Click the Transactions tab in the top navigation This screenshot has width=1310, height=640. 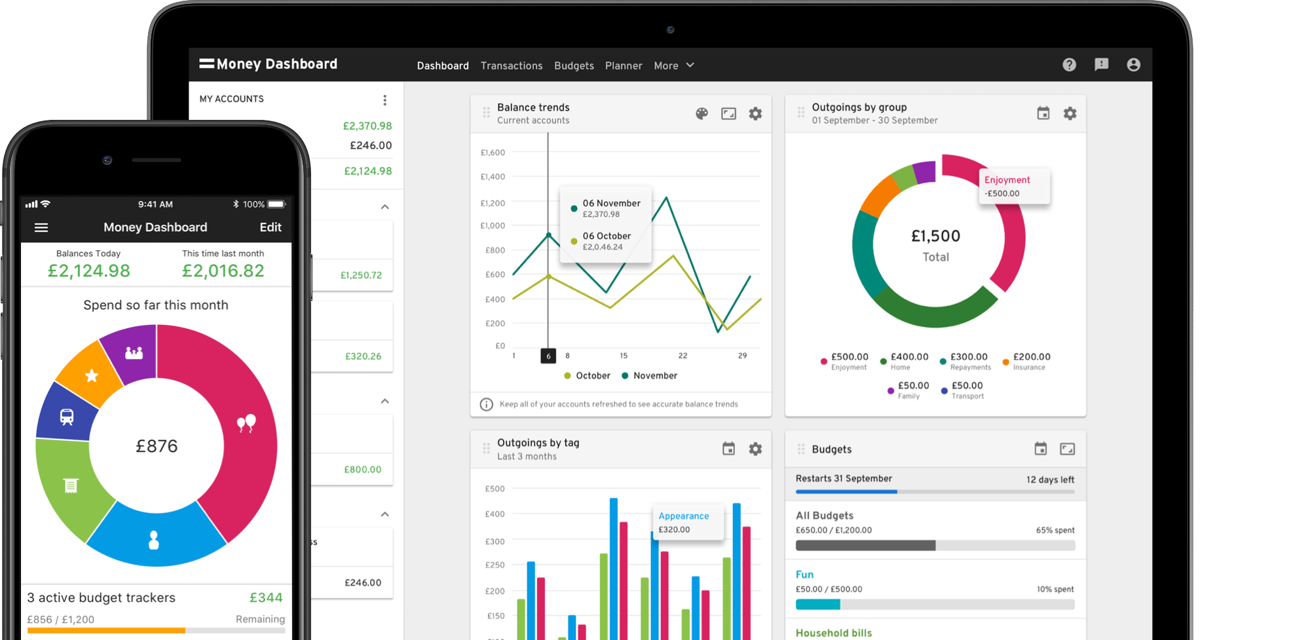pos(512,66)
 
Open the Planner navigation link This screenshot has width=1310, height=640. pos(624,66)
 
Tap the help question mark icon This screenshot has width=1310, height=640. pos(1069,65)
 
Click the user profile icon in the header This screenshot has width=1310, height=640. pos(1133,65)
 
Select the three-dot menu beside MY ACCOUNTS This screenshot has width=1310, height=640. pos(385,100)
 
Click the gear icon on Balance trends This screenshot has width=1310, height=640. pos(755,114)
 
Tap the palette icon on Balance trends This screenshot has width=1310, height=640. pos(702,114)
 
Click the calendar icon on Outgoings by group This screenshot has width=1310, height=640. pos(1043,114)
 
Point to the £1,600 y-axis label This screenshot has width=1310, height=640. pos(493,153)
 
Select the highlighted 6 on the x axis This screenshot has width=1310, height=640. pos(548,356)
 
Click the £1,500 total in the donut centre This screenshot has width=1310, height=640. pos(935,236)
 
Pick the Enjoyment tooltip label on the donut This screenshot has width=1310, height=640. pos(1007,180)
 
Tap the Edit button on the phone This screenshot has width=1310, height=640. pos(271,227)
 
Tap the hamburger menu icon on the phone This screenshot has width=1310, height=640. pos(41,227)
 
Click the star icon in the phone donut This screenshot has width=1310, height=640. pos(92,375)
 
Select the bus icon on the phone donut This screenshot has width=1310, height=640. pos(67,417)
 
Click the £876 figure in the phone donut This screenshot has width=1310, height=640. pos(157,446)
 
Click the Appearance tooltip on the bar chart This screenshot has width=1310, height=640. pos(684,516)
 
